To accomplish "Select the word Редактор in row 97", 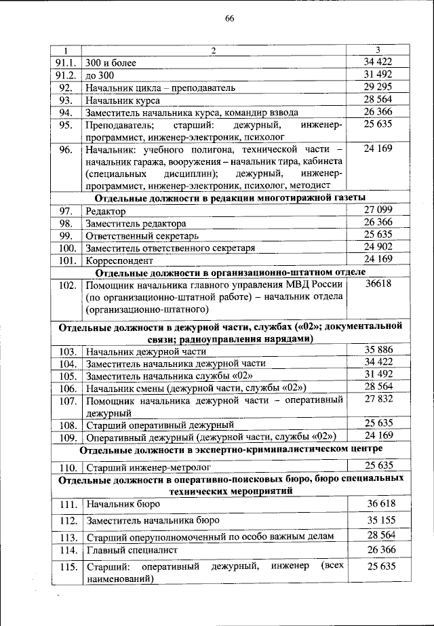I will (106, 212).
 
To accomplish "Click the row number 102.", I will (66, 286).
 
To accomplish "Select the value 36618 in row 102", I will (378, 285).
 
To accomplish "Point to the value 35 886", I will (378, 351).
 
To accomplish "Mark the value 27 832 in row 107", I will (378, 400).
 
